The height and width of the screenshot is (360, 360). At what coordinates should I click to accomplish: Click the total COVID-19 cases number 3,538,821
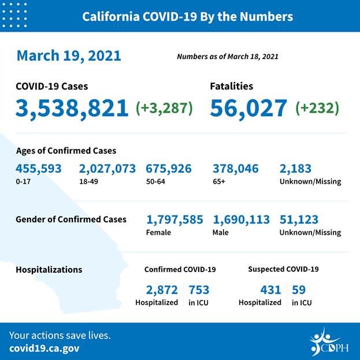tap(72, 108)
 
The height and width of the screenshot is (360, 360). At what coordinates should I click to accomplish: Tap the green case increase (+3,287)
tap(165, 108)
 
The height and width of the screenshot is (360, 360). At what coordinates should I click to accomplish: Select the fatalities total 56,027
tap(248, 108)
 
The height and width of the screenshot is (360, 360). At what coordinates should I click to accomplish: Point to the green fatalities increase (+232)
tap(317, 108)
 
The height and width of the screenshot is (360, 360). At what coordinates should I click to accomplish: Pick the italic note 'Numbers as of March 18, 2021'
tap(228, 57)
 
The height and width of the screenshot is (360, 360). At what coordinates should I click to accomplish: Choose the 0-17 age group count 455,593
tap(40, 169)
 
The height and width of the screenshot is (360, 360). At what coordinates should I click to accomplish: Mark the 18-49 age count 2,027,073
tap(107, 169)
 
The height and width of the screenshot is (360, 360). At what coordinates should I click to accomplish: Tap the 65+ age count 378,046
tap(236, 169)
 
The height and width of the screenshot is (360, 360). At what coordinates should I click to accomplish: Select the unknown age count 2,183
tap(295, 169)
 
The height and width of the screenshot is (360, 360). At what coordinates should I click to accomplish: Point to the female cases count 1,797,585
tap(175, 220)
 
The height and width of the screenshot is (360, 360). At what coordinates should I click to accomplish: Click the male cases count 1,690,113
tap(242, 220)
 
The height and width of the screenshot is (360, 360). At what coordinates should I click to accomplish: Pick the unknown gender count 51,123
tap(299, 220)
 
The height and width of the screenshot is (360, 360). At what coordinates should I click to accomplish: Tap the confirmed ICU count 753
tap(199, 290)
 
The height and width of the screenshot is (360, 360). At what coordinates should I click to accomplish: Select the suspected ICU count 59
tap(299, 290)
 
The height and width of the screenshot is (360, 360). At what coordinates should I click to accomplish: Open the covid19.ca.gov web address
tap(44, 348)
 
